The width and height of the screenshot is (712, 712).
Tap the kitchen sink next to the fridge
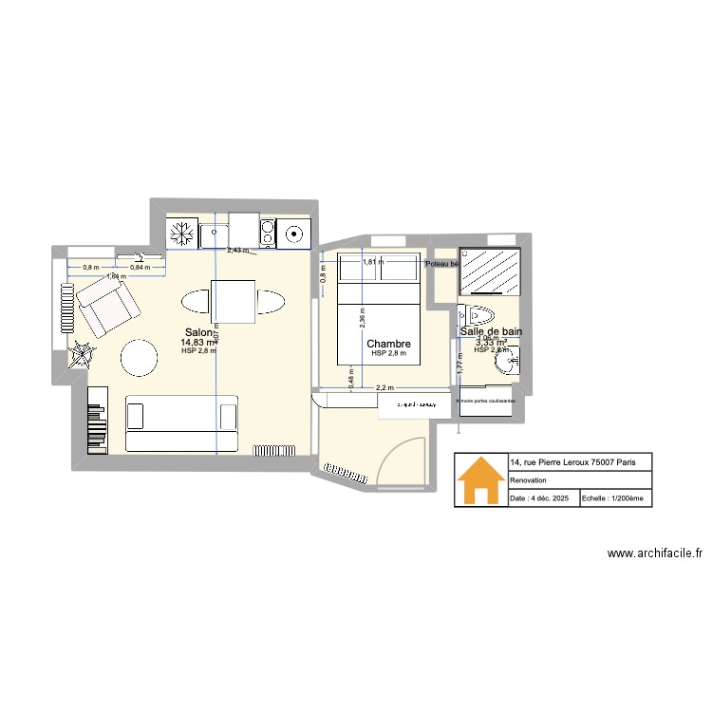pyautogui.click(x=213, y=233)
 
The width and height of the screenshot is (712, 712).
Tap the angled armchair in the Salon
pyautogui.click(x=107, y=304)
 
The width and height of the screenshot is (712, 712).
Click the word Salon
pyautogui.click(x=198, y=333)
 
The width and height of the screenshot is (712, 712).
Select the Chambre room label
pyautogui.click(x=388, y=344)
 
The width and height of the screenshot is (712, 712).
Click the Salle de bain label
pyautogui.click(x=490, y=331)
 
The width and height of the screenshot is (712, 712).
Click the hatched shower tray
pyautogui.click(x=491, y=273)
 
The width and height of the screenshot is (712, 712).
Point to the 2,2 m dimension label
pyautogui.click(x=384, y=387)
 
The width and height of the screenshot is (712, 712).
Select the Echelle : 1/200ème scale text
pyautogui.click(x=611, y=498)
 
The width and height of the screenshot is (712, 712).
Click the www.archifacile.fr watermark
pyautogui.click(x=655, y=553)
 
